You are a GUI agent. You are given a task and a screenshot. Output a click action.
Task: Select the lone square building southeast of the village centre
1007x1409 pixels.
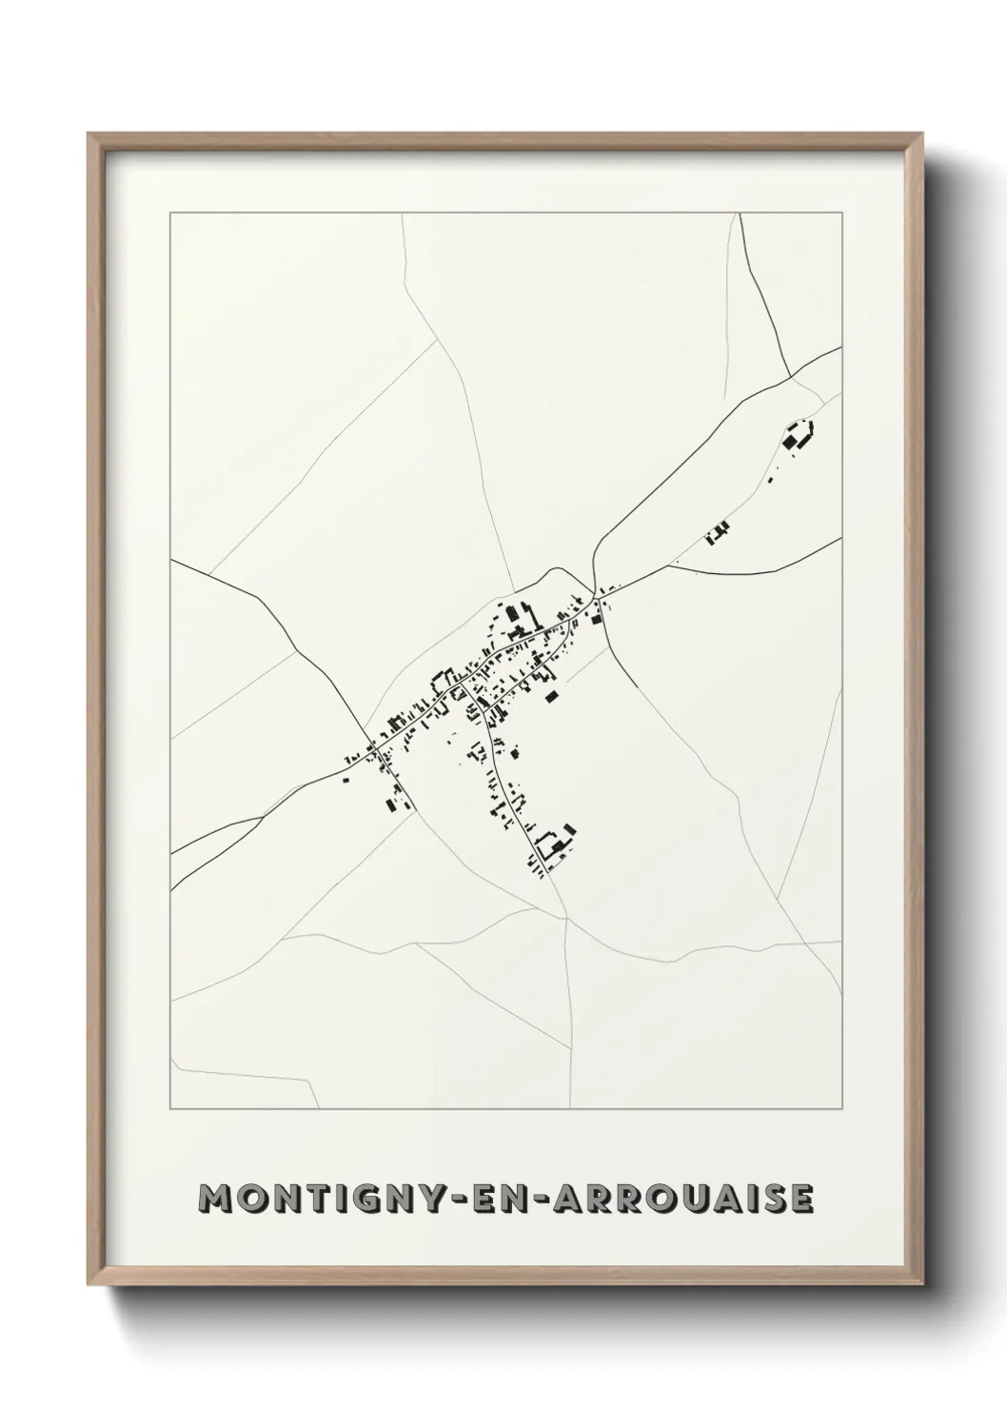click(x=549, y=697)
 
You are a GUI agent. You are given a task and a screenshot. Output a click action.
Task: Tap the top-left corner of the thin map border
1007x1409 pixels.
click(x=170, y=213)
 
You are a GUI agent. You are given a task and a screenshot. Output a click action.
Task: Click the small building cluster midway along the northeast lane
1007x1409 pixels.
click(x=717, y=532)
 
